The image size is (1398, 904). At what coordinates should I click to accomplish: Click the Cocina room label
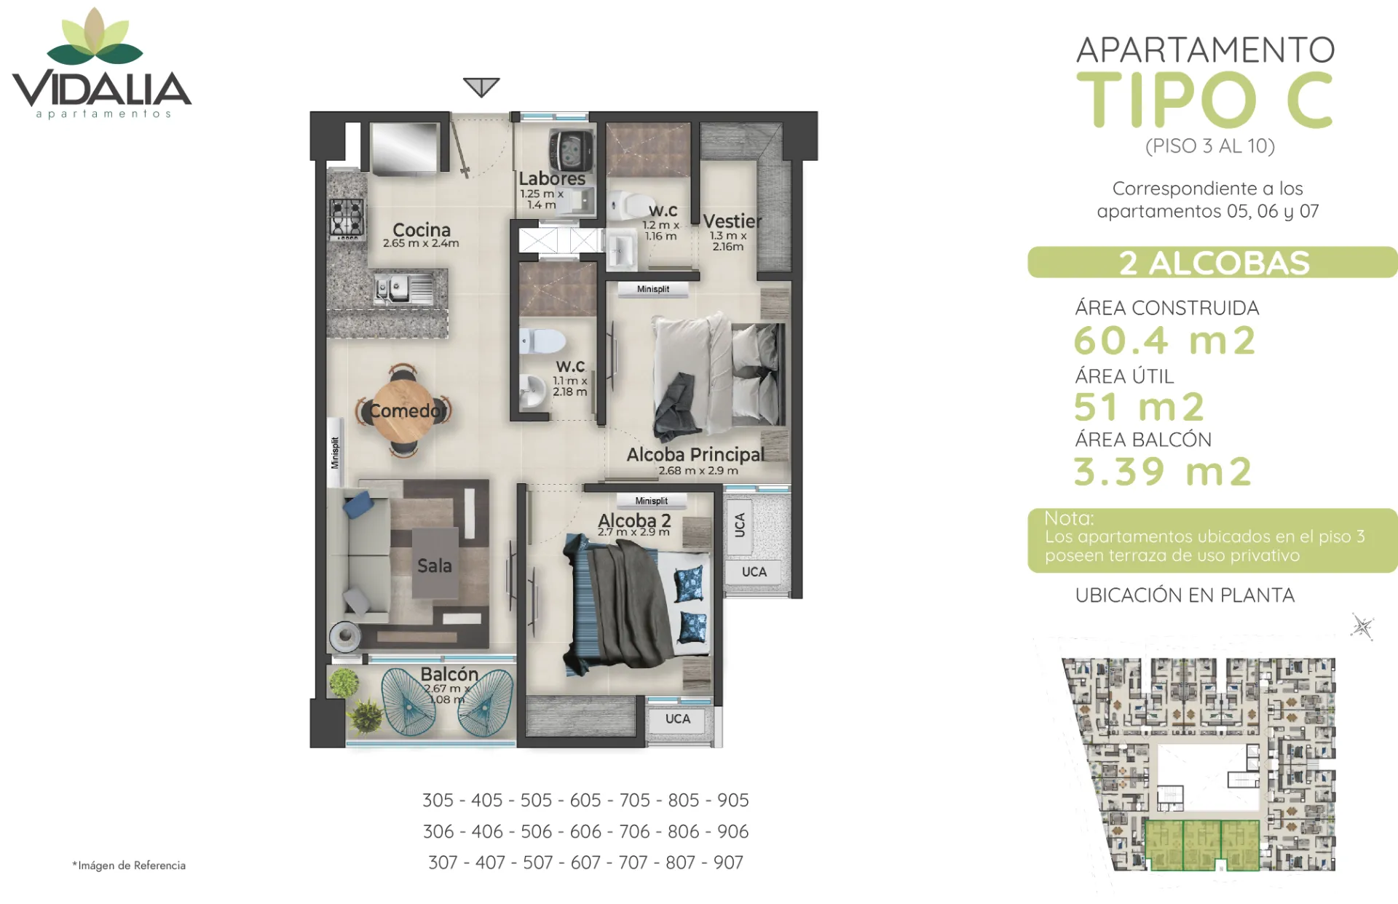(422, 230)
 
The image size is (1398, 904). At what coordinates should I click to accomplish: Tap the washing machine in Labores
(571, 151)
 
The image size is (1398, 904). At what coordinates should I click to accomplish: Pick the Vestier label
(732, 221)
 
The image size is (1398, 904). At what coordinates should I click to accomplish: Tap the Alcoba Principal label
(695, 455)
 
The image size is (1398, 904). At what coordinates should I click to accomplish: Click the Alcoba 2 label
(634, 520)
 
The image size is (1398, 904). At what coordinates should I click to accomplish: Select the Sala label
(435, 566)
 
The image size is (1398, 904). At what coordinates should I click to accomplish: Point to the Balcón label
(449, 674)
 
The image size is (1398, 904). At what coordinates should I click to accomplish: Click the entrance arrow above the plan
(481, 87)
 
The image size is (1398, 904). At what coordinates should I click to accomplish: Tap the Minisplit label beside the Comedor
(335, 453)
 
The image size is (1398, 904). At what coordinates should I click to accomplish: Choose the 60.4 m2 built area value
(1164, 340)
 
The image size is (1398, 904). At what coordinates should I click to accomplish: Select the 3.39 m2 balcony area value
(1163, 471)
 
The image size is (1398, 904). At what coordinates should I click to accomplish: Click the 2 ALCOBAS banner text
(1214, 263)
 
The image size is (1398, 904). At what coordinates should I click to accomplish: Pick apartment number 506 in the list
(537, 831)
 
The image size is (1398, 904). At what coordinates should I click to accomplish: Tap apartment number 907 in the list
(728, 863)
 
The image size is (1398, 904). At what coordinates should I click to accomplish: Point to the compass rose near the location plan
(1362, 627)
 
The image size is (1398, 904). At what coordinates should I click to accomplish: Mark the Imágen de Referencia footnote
(129, 865)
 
